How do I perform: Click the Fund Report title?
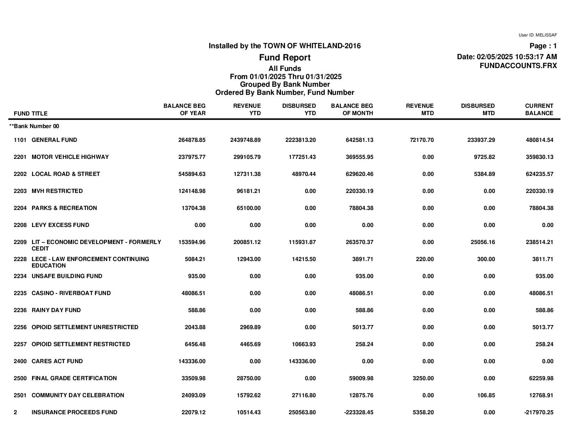285,58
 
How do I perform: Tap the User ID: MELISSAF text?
537,35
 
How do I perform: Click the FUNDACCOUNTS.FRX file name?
518,66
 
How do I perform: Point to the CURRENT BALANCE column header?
539,109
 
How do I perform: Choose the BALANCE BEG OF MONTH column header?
352,109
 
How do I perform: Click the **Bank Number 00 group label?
34,126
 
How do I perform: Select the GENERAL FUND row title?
54,140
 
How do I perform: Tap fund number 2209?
20,242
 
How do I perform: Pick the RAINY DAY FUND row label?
56,310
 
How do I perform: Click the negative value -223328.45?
358,412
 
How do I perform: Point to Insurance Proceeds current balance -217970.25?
539,412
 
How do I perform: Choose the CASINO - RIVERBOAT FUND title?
71,293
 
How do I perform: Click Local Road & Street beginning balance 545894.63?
192,174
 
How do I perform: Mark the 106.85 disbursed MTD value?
486,395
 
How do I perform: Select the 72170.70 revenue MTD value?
420,140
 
